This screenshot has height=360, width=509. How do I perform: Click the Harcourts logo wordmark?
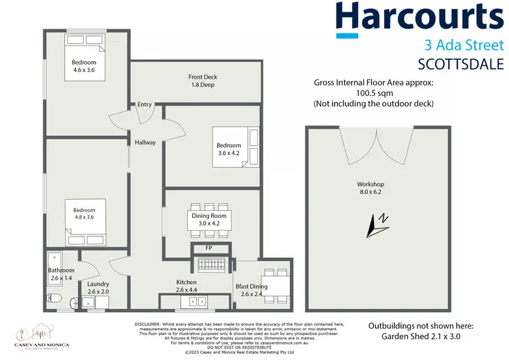click(x=421, y=18)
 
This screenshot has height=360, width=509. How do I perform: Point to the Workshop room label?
click(x=371, y=184)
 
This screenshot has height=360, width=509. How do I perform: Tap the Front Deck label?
click(x=203, y=77)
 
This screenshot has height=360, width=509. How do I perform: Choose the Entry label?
click(x=145, y=105)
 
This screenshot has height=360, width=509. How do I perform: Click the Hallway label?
click(x=145, y=143)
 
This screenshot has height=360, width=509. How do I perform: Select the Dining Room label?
click(x=212, y=215)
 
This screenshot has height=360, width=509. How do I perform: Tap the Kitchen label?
click(x=186, y=282)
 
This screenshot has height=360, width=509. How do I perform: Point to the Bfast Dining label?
click(x=252, y=287)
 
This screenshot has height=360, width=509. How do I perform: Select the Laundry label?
click(x=98, y=284)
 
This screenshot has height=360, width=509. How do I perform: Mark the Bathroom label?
click(x=61, y=270)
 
